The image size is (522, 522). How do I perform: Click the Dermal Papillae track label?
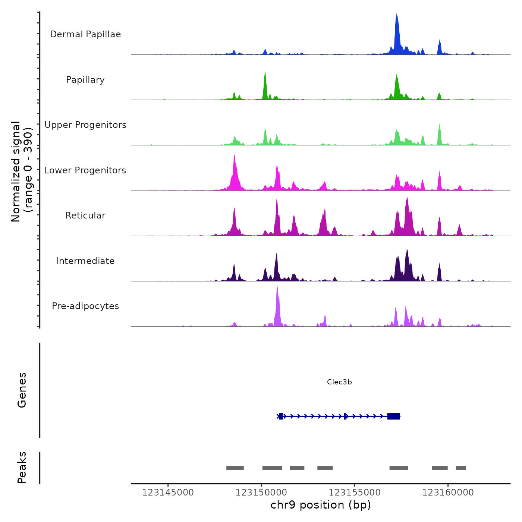(x=85, y=34)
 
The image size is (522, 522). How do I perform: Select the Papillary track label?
(x=85, y=80)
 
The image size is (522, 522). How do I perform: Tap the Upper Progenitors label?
(x=85, y=125)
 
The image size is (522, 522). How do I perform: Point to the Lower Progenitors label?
(x=85, y=170)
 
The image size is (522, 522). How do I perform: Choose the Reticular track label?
(x=85, y=216)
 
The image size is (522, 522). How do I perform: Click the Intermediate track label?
(x=85, y=261)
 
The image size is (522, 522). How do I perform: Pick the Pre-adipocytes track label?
(x=85, y=306)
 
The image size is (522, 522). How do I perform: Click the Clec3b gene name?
(x=339, y=382)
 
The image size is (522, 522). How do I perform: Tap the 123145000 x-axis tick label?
(x=168, y=493)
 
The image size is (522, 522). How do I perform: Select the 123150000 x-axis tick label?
(x=261, y=493)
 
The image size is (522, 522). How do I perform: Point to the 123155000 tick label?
(x=355, y=493)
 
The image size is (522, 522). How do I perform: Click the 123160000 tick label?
(x=448, y=493)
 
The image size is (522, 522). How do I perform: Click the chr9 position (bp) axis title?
(x=321, y=505)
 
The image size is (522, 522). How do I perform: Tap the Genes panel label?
(x=22, y=390)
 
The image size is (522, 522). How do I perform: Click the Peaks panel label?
(x=22, y=468)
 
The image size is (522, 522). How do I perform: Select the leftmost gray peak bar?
(x=235, y=468)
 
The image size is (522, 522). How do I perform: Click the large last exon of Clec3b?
(x=394, y=416)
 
